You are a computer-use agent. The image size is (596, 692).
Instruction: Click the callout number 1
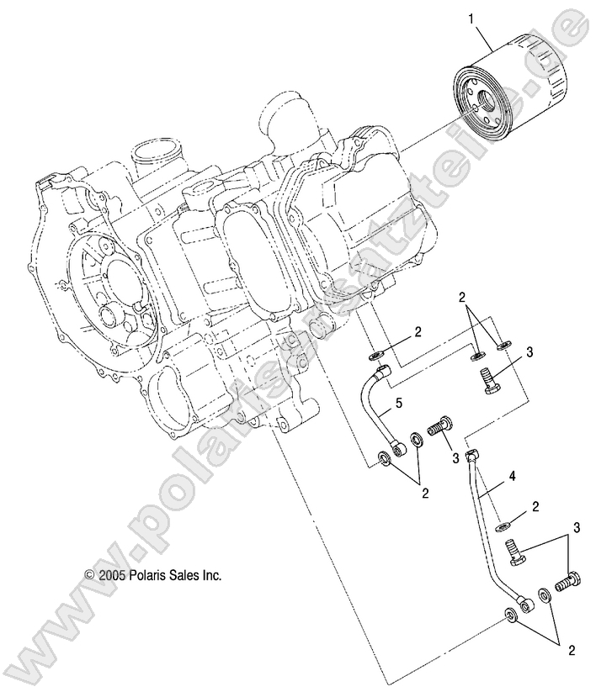[471, 18]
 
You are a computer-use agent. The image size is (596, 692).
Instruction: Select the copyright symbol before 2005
[89, 576]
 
